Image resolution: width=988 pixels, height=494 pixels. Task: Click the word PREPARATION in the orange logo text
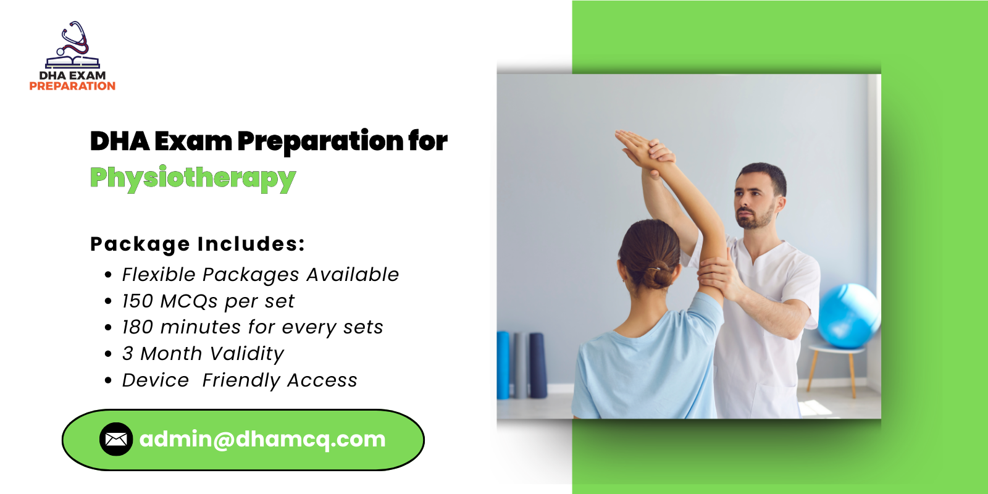(x=72, y=86)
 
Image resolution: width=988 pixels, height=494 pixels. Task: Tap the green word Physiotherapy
(x=193, y=178)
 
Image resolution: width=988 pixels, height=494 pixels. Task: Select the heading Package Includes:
(x=198, y=244)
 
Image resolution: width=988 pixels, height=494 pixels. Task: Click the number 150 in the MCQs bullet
(x=137, y=301)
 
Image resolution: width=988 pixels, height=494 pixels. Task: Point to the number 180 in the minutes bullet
(x=137, y=327)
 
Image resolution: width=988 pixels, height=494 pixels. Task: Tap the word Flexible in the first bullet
(x=158, y=275)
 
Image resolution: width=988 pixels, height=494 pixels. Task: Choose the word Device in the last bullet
(x=155, y=380)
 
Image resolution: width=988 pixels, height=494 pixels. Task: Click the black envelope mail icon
(x=116, y=439)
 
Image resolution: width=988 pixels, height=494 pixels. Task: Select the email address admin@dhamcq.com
(x=262, y=439)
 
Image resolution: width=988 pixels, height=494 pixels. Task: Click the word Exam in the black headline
(x=193, y=141)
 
